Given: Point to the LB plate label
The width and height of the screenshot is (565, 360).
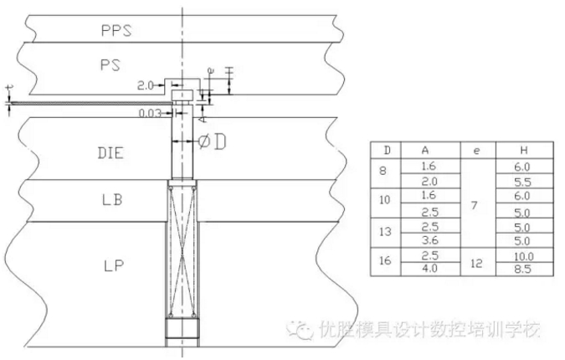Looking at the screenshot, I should (110, 202).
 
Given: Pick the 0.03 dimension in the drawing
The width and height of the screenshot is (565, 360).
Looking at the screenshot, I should (152, 112).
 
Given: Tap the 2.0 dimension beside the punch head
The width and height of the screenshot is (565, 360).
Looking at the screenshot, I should (145, 85).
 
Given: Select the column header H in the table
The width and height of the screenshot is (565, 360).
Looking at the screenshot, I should (523, 150).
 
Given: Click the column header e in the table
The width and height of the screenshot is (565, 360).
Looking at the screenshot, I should (475, 150).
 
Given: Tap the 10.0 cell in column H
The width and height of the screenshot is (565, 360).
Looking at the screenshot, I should (523, 255).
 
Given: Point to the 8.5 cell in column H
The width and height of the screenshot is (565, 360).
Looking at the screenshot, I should (523, 269).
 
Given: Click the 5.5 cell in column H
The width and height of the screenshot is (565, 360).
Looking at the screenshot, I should (523, 181).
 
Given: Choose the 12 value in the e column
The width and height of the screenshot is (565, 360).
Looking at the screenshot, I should (475, 261).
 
